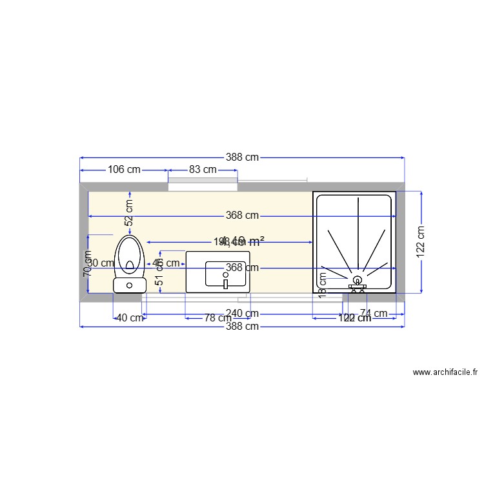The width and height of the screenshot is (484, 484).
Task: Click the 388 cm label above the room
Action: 242,157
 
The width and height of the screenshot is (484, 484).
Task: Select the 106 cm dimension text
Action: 123,170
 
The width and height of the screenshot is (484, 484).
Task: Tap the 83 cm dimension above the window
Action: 202,170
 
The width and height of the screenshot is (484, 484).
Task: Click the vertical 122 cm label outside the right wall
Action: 421,242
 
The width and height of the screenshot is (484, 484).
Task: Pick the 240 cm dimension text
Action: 243,314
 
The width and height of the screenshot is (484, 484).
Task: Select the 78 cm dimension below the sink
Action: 217,318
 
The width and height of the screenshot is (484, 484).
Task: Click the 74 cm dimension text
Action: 374,314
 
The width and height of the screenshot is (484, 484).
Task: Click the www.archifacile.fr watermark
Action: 445,372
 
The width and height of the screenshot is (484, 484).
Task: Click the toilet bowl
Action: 130,253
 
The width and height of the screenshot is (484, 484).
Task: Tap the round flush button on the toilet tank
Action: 129,285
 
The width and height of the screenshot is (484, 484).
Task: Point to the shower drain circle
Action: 357,279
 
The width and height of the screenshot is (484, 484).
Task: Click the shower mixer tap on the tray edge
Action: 357,288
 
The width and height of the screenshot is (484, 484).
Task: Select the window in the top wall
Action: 203,187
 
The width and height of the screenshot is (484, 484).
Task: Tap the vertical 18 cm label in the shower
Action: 323,283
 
